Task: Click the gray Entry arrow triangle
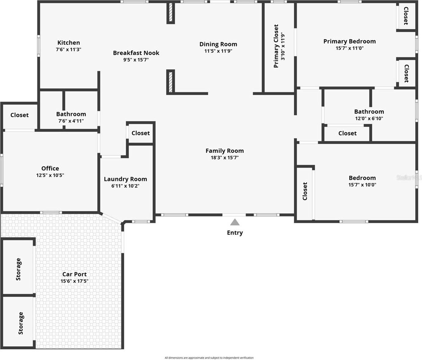pyautogui.click(x=235, y=222)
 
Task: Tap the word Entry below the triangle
pyautogui.click(x=235, y=233)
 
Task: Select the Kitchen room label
pyautogui.click(x=69, y=43)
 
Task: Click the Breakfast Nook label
pyautogui.click(x=136, y=53)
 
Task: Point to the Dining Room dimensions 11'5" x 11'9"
pyautogui.click(x=218, y=51)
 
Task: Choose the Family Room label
pyautogui.click(x=224, y=151)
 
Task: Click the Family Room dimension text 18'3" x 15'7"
pyautogui.click(x=224, y=158)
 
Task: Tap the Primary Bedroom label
pyautogui.click(x=349, y=41)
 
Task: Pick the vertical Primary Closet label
pyautogui.click(x=276, y=46)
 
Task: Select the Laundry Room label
pyautogui.click(x=125, y=179)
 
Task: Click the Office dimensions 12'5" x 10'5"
pyautogui.click(x=50, y=175)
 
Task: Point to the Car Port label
pyautogui.click(x=75, y=274)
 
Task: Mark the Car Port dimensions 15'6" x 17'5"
pyautogui.click(x=75, y=281)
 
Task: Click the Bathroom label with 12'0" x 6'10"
pyautogui.click(x=369, y=112)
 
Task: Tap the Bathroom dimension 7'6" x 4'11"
pyautogui.click(x=71, y=121)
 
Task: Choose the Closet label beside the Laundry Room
pyautogui.click(x=140, y=133)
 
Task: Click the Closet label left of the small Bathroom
pyautogui.click(x=20, y=115)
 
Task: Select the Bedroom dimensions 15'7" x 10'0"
pyautogui.click(x=362, y=185)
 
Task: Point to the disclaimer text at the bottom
pyautogui.click(x=209, y=358)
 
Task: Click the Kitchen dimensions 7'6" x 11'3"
pyautogui.click(x=68, y=49)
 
